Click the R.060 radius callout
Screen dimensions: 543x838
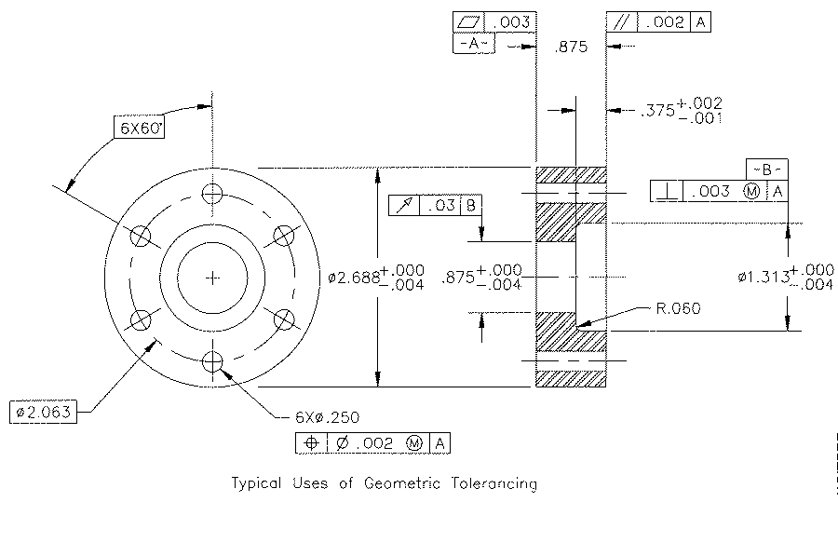pos(678,308)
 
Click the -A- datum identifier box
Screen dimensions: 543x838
pos(473,45)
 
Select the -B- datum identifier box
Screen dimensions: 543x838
pos(766,170)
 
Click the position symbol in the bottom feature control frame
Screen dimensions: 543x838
pos(311,444)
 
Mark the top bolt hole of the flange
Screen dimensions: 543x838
pos(213,194)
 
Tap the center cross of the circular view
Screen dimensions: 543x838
pos(213,278)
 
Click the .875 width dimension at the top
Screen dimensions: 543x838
pos(570,48)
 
